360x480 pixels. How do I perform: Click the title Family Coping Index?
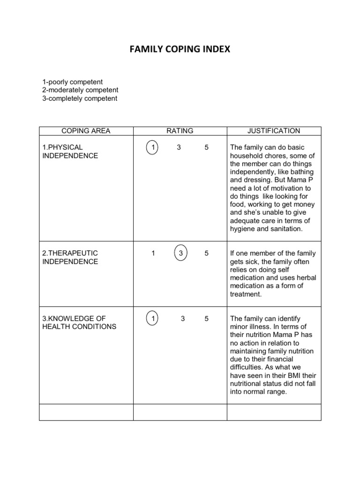pyautogui.click(x=180, y=49)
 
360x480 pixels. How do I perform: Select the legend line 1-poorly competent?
pyautogui.click(x=72, y=82)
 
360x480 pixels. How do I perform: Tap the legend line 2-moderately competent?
pyautogui.click(x=80, y=90)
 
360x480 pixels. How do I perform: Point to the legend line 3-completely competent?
pyautogui.click(x=80, y=98)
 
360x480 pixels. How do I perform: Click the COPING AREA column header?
pyautogui.click(x=86, y=131)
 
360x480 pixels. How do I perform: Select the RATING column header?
pyautogui.click(x=180, y=131)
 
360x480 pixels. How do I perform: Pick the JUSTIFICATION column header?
pyautogui.click(x=274, y=131)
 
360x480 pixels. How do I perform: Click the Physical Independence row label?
pyautogui.click(x=70, y=151)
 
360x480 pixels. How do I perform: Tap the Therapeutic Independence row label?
pyautogui.click(x=70, y=257)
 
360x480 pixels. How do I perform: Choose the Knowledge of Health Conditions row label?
pyautogui.click(x=79, y=322)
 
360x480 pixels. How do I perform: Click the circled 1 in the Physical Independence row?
pyautogui.click(x=152, y=148)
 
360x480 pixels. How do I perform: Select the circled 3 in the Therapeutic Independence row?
pyautogui.click(x=181, y=254)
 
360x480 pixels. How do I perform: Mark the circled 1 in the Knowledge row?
pyautogui.click(x=152, y=319)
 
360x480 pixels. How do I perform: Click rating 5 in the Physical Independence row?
pyautogui.click(x=206, y=148)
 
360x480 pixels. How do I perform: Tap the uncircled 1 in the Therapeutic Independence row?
pyautogui.click(x=153, y=254)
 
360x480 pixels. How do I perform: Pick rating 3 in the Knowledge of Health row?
pyautogui.click(x=183, y=319)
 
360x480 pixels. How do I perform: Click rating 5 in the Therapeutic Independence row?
pyautogui.click(x=206, y=254)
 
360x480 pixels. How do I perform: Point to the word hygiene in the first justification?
pyautogui.click(x=242, y=229)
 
